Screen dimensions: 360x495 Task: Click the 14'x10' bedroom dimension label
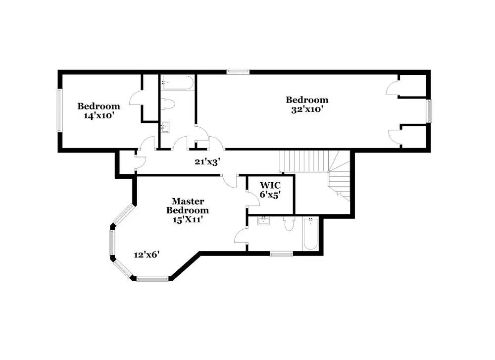[99, 115]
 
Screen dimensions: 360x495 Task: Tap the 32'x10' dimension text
[307, 109]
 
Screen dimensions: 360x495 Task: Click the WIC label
[270, 185]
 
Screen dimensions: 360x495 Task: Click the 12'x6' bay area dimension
[147, 255]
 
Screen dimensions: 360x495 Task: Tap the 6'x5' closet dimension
[270, 195]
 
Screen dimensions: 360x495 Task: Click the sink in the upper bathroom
[166, 127]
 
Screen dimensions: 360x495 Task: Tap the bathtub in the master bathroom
[311, 234]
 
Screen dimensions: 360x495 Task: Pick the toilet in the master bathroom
[289, 224]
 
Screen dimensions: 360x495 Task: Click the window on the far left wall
[59, 110]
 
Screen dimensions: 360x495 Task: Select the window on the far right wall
[429, 111]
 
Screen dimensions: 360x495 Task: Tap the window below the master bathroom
[281, 254]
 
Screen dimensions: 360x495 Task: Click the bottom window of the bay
[152, 279]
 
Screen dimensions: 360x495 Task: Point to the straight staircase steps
[303, 161]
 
